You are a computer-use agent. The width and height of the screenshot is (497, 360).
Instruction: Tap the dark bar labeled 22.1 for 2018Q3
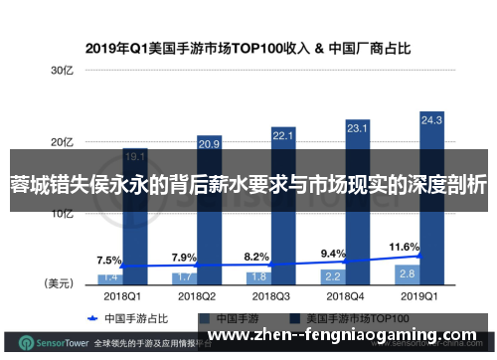[x=283, y=199]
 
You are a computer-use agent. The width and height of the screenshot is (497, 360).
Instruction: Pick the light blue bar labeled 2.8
[x=406, y=244]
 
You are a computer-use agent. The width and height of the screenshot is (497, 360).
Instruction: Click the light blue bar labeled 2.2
[x=331, y=247]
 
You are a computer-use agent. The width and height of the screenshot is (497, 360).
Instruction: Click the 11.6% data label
[x=404, y=218]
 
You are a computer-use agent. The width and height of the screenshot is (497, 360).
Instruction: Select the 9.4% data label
[x=332, y=225]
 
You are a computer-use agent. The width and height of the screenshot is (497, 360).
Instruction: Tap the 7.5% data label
[x=108, y=233]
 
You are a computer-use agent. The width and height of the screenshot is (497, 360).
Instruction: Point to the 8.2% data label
[x=256, y=228]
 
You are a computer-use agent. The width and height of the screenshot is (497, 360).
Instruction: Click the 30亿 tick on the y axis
[x=62, y=71]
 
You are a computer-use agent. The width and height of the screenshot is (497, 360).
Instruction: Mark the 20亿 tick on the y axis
[x=62, y=141]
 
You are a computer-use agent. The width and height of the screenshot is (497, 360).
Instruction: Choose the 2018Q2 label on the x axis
[x=196, y=268]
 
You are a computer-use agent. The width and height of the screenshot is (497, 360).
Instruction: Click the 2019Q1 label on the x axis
[x=418, y=268]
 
